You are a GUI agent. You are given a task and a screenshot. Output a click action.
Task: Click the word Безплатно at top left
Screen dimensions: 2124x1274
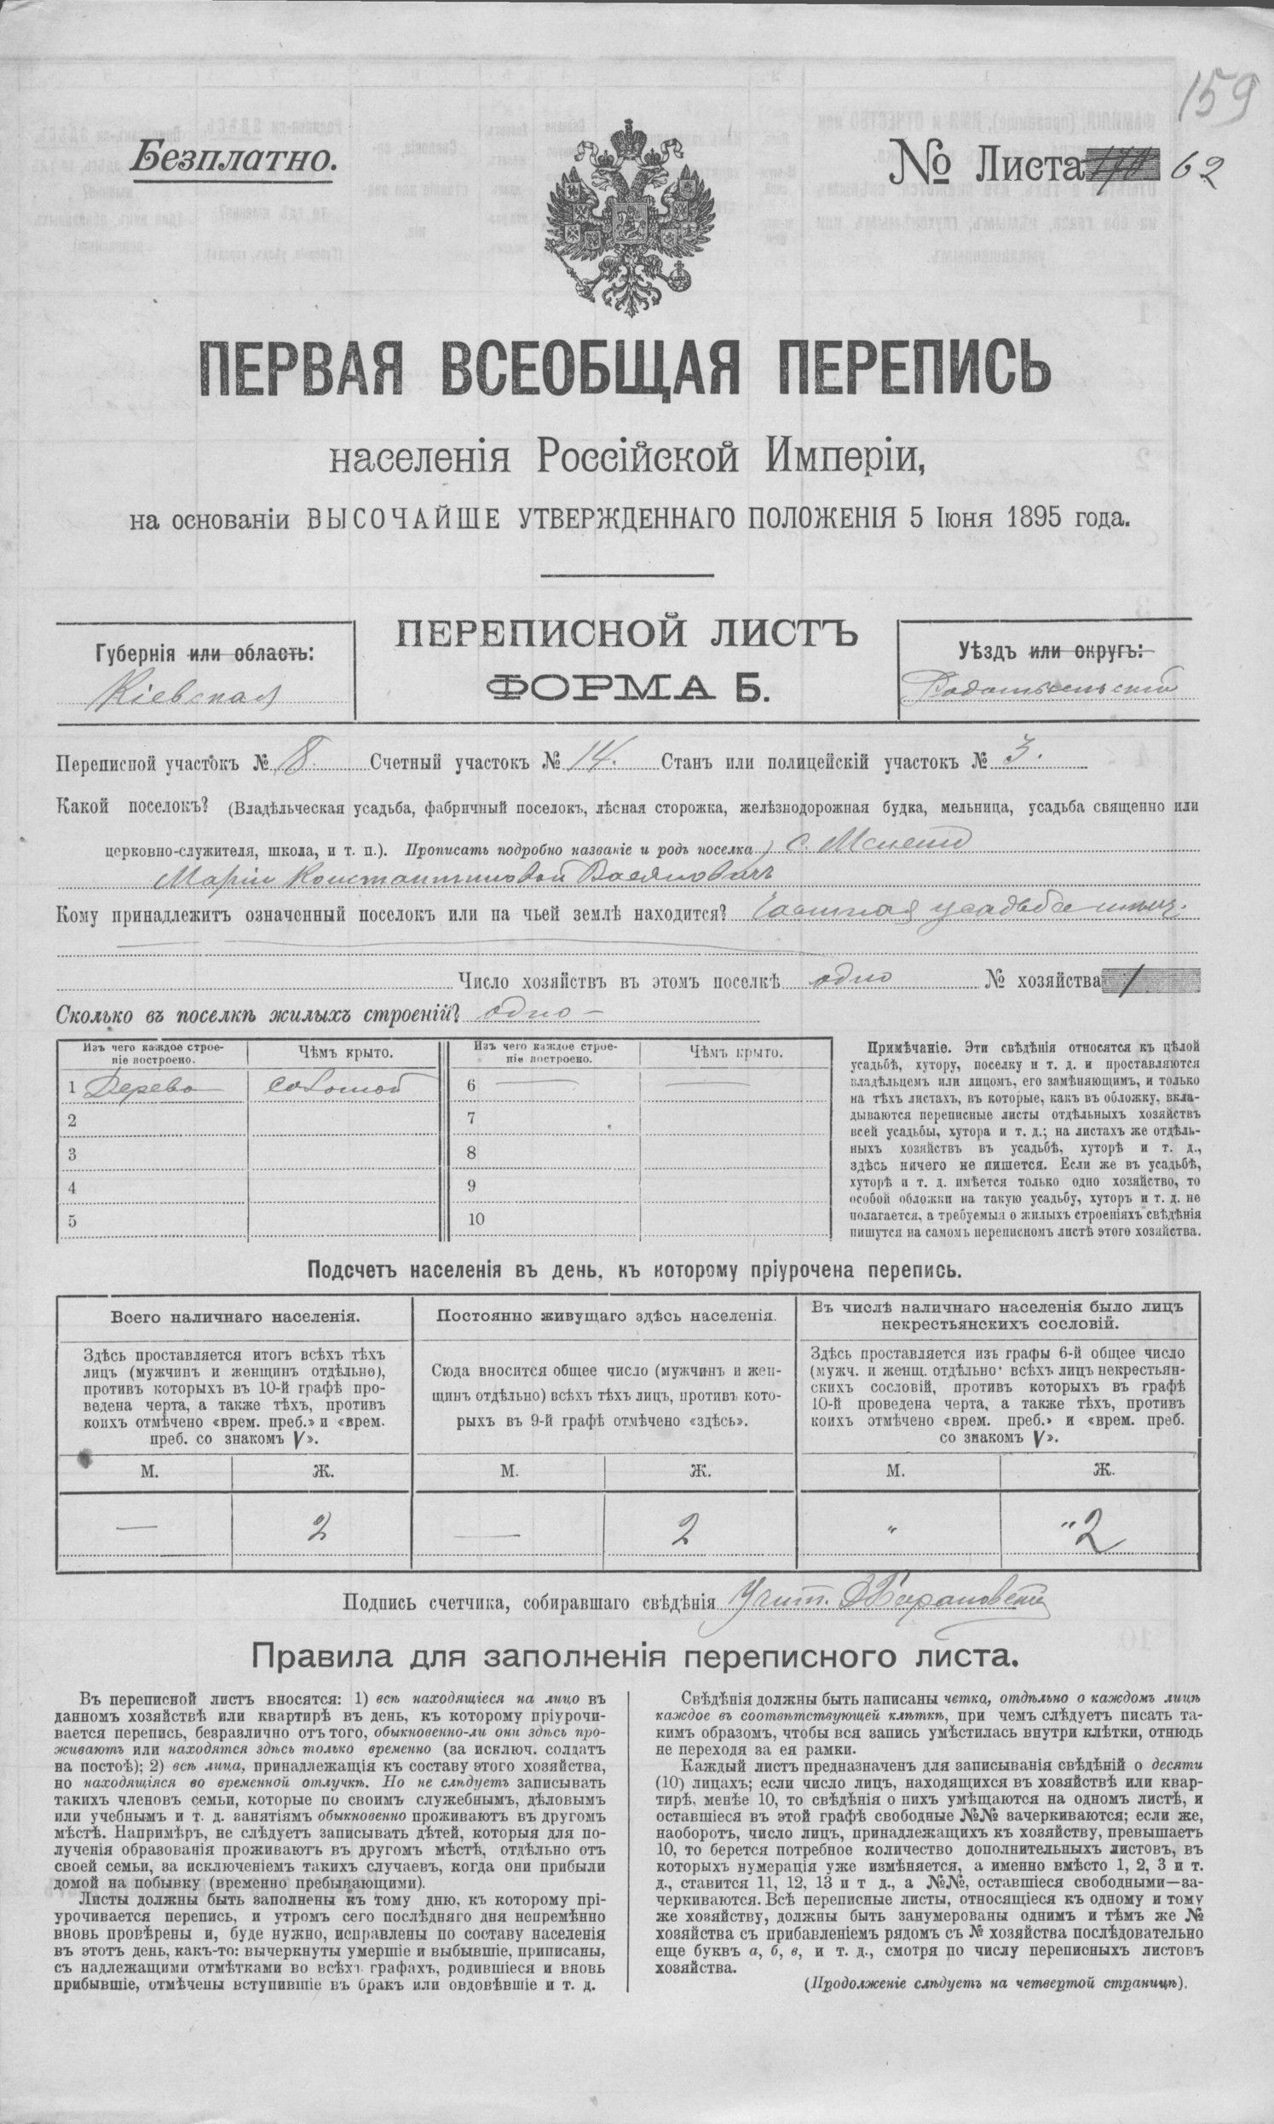[233, 158]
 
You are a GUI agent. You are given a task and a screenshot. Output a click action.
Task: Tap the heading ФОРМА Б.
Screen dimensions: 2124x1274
[624, 688]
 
